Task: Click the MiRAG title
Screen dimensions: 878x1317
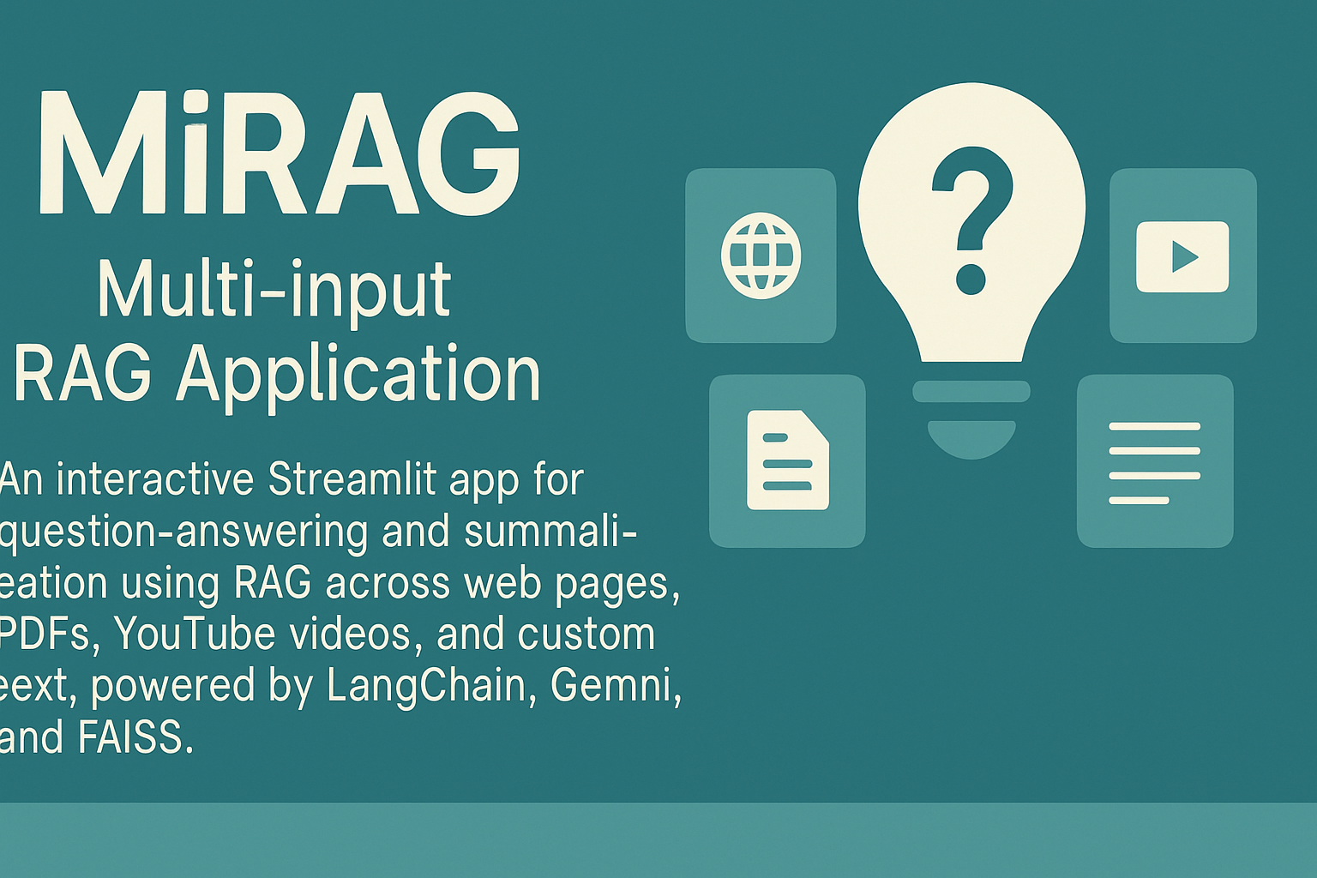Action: point(279,153)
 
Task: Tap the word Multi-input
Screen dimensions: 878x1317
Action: point(274,290)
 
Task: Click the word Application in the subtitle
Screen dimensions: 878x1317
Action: point(358,374)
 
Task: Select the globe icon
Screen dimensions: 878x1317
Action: point(761,256)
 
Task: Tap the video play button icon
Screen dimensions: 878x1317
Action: point(1182,256)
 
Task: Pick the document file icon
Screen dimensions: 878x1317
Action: point(787,460)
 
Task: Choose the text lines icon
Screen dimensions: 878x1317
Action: point(1154,463)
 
